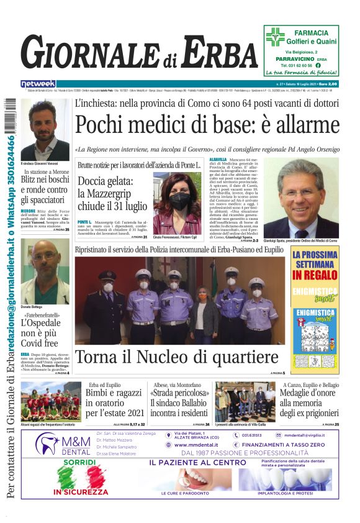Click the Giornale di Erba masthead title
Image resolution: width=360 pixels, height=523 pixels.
[x=139, y=53]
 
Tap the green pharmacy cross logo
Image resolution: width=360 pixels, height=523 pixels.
[x=275, y=38]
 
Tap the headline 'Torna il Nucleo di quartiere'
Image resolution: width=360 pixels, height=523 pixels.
[x=176, y=357]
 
